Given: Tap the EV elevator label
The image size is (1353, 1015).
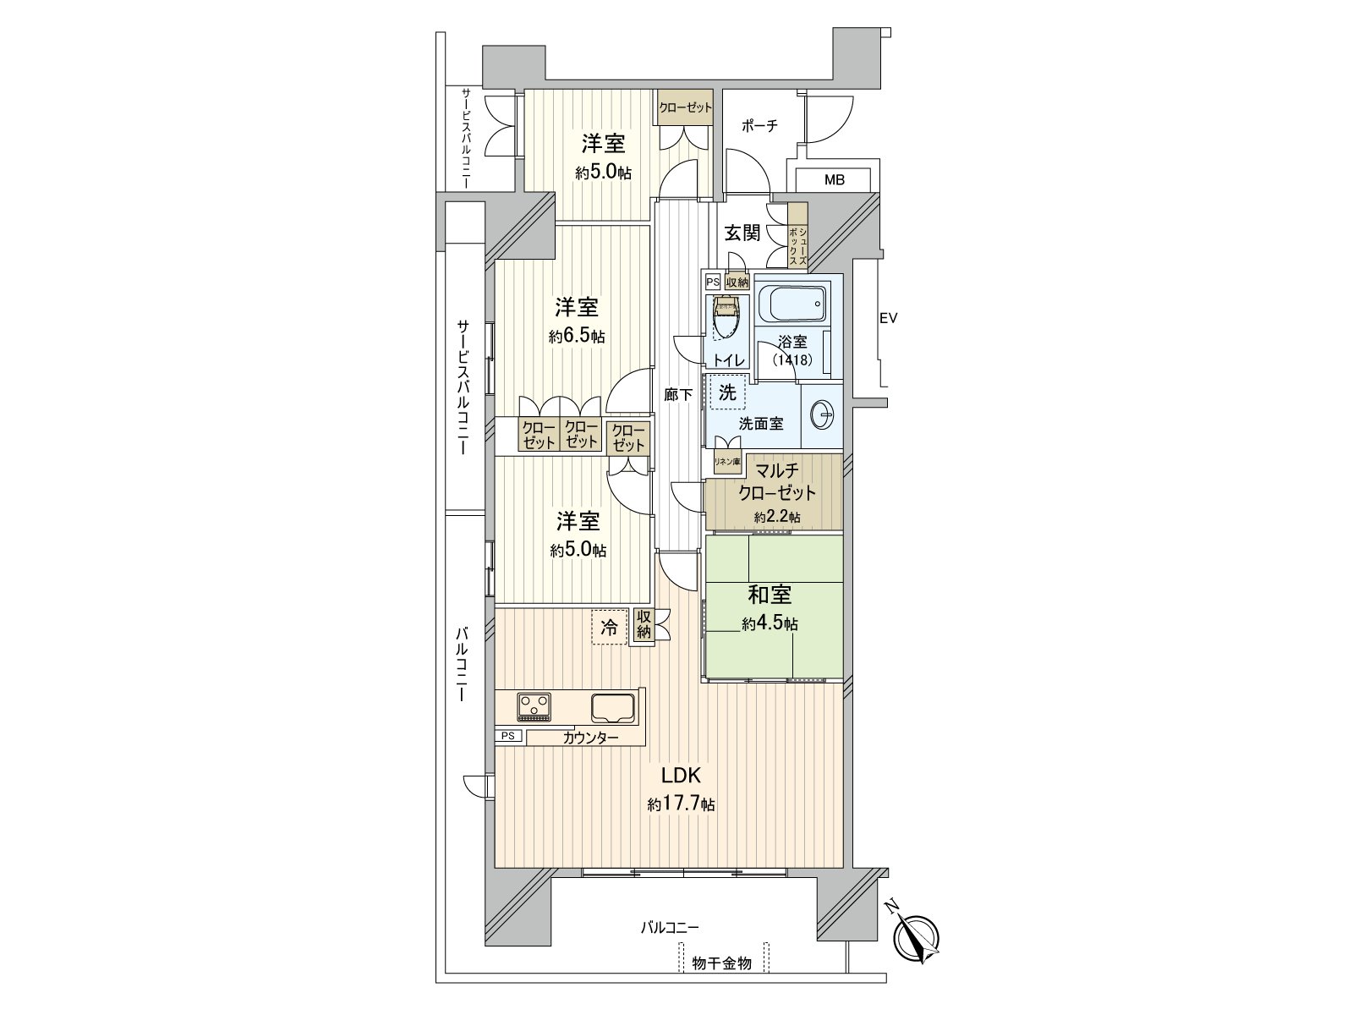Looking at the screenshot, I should coord(887,318).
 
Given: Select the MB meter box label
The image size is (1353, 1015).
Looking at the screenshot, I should coord(834,180).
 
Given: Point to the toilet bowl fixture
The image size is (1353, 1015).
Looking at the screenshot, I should coord(726,318).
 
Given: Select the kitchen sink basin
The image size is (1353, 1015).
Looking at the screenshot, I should coord(612,707).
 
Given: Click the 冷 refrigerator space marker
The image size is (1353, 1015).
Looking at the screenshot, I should coord(608,628).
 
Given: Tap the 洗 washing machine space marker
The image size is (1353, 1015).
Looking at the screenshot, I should coord(727,392).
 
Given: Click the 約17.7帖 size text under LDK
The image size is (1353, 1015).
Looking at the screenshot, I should coord(682,804).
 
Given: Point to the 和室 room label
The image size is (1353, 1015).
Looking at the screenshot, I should coord(769,595).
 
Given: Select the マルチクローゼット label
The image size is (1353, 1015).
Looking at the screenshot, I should coord(776,483).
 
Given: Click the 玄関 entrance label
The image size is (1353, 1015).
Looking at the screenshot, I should coord(743,233).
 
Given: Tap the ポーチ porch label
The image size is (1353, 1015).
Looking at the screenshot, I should coord(759,126).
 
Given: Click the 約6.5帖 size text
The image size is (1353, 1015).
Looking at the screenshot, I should coord(577,336).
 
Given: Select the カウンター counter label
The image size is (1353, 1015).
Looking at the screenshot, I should coord(590,738).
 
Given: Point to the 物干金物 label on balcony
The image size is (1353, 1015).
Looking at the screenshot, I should coord(721,963).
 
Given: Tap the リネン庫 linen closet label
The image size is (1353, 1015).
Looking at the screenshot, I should coord(726,462).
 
